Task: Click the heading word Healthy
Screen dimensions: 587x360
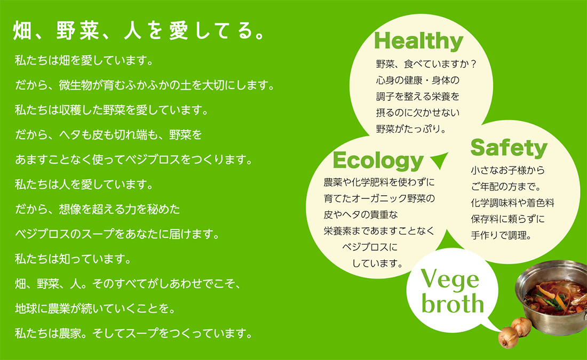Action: click(x=418, y=41)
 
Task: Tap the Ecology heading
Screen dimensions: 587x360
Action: click(x=378, y=161)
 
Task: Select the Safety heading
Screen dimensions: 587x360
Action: click(x=509, y=148)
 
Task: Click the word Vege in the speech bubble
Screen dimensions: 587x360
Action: click(x=450, y=280)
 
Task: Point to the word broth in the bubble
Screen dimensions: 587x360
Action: click(x=453, y=303)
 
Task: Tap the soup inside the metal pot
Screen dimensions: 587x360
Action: click(x=553, y=298)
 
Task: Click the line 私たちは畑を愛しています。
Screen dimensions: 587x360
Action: click(x=84, y=60)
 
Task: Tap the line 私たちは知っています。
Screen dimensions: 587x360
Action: click(x=73, y=259)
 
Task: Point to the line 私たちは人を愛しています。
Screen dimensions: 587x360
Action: click(x=84, y=184)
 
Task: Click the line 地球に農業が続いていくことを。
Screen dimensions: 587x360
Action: click(x=95, y=308)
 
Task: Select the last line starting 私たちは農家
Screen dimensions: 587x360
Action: click(x=134, y=333)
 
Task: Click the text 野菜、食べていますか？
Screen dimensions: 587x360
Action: click(x=426, y=64)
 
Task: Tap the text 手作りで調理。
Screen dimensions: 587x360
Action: click(x=501, y=235)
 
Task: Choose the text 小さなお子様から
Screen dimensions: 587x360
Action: click(x=507, y=170)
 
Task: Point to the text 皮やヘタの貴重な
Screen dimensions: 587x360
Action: click(x=361, y=214)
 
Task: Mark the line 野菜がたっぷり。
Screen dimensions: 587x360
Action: click(x=411, y=129)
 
